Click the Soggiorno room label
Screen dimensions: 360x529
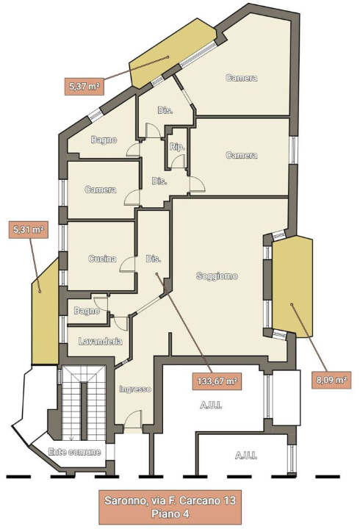[217, 276]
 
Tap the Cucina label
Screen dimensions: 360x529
[102, 259]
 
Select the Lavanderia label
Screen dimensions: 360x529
[100, 342]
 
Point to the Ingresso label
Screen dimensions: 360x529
[135, 389]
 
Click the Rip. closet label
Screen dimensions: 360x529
[177, 147]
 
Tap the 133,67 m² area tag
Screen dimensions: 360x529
[217, 381]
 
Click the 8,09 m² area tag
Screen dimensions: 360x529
[331, 380]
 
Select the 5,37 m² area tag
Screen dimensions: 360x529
[84, 87]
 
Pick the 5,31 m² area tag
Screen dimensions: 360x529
[29, 230]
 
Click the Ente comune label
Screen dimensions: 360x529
[74, 452]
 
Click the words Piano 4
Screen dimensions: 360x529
[170, 514]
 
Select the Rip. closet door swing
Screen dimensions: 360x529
[179, 161]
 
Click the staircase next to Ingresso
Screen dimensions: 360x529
[83, 403]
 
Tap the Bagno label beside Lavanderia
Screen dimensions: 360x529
[87, 311]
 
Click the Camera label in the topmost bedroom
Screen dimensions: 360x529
[242, 78]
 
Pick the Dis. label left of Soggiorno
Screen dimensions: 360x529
[153, 259]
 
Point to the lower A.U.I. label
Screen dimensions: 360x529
[246, 456]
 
